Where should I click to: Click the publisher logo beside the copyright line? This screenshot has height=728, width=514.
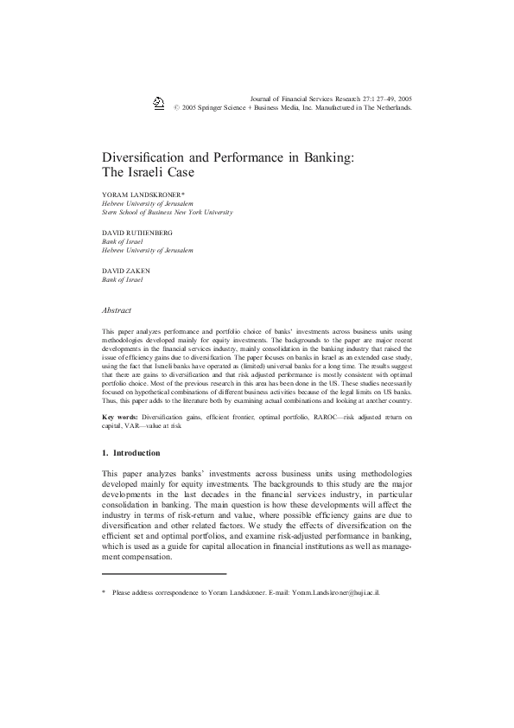tap(159, 104)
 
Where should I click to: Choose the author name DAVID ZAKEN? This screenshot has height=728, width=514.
tap(127, 271)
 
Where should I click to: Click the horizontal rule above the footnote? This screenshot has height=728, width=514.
tap(164, 573)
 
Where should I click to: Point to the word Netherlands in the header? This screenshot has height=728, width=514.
tap(391, 110)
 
